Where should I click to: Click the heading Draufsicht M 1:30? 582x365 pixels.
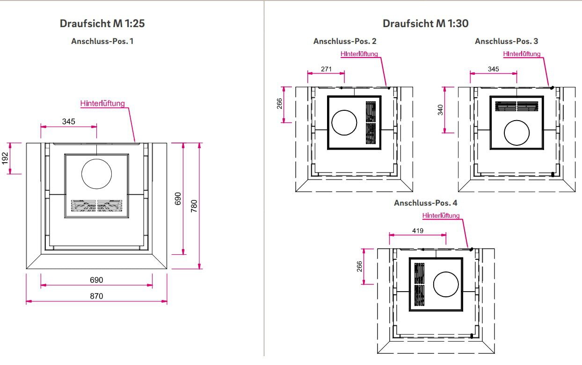(x=425, y=23)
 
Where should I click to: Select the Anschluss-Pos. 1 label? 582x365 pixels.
(x=102, y=41)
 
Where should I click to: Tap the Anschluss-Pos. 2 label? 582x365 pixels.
(x=345, y=41)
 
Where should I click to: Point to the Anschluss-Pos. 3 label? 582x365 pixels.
(x=506, y=41)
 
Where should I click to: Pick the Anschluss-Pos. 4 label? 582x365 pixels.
(x=425, y=203)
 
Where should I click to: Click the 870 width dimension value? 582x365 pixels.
(x=96, y=296)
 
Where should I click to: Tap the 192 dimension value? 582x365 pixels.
(x=5, y=158)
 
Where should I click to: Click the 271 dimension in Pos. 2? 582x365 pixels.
(x=326, y=69)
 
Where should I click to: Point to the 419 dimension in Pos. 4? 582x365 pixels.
(x=418, y=230)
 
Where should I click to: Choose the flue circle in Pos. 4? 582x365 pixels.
(x=446, y=285)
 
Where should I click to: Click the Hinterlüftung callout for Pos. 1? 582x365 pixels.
(x=102, y=103)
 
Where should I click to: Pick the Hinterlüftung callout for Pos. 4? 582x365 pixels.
(x=441, y=215)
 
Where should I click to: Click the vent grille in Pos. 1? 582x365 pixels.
(x=96, y=206)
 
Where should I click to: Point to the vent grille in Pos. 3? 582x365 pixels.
(x=517, y=106)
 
